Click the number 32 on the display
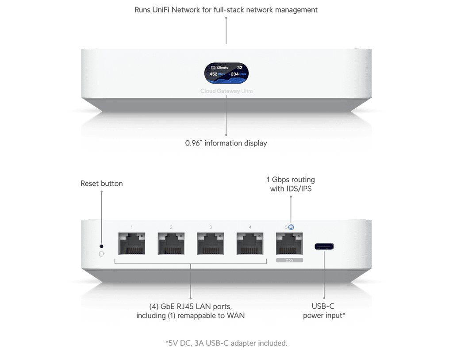point(240,68)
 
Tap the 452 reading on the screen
point(213,74)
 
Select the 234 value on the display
point(235,74)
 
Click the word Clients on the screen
point(223,68)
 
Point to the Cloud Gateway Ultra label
point(226,91)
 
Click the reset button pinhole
point(102,245)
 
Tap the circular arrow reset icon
point(102,254)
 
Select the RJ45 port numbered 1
point(132,244)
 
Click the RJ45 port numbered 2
point(171,244)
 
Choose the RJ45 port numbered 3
point(211,244)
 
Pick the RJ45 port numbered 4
point(250,244)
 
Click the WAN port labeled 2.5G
point(289,244)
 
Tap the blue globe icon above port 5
point(291,227)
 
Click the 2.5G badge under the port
point(289,260)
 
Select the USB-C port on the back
point(324,246)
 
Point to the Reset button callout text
point(102,183)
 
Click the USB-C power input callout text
point(324,310)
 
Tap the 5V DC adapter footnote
point(226,343)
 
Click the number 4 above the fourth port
point(250,227)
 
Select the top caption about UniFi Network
point(226,10)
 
